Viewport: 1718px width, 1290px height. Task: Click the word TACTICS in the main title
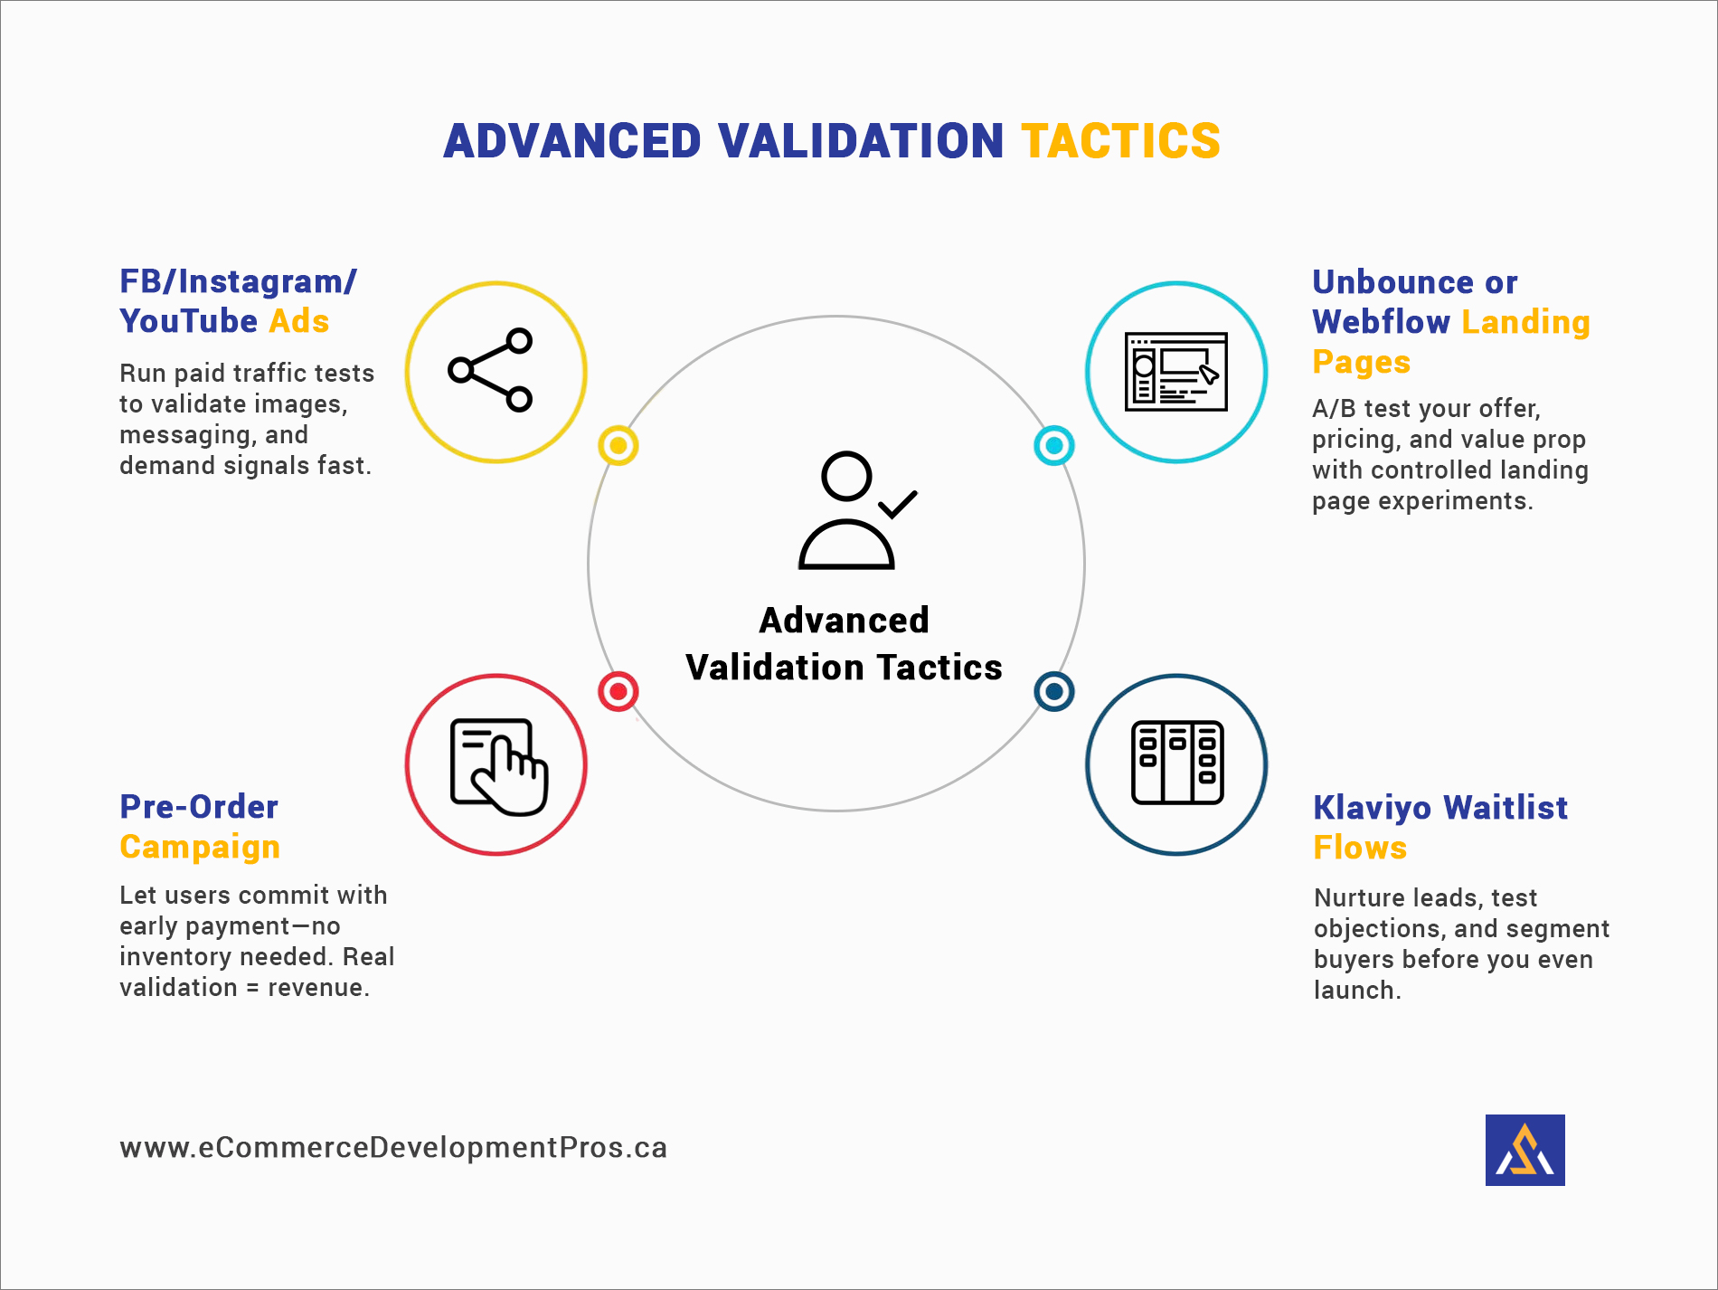[x=1120, y=141]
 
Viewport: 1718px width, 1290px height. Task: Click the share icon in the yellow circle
[x=491, y=370]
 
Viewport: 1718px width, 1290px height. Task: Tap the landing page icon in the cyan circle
[x=1175, y=372]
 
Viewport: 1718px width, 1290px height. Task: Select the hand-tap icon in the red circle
[x=499, y=766]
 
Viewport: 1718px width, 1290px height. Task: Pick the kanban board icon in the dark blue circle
[x=1177, y=763]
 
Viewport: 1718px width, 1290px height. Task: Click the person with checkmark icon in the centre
[x=856, y=509]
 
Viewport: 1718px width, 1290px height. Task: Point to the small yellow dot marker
[x=618, y=445]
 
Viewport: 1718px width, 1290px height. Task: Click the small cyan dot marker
[x=1053, y=445]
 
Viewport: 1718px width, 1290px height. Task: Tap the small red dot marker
[x=618, y=692]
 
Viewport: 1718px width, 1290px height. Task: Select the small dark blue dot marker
[x=1053, y=692]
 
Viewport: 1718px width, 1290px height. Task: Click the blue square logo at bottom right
[x=1524, y=1150]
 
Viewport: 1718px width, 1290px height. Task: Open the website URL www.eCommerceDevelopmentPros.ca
[x=393, y=1147]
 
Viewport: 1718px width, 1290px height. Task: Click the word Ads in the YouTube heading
[x=299, y=321]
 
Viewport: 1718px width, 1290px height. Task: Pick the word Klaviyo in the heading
[x=1373, y=808]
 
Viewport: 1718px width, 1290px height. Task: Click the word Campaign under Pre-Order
[x=200, y=848]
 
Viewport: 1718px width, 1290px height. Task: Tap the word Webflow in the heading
[x=1381, y=322]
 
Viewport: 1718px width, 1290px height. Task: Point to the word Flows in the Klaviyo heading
[x=1360, y=848]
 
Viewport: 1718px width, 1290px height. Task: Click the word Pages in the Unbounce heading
[x=1361, y=363]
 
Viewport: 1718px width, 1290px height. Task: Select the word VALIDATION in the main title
[x=861, y=141]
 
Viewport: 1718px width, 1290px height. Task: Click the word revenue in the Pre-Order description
[x=318, y=988]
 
